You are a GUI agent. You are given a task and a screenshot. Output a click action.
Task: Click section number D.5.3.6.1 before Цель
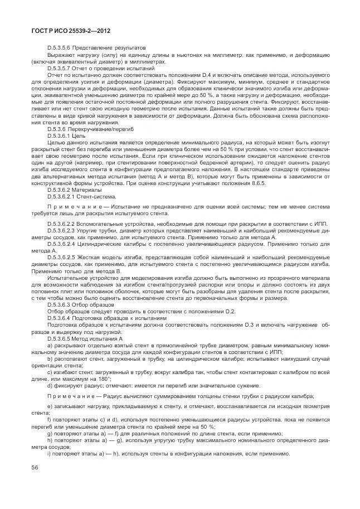click(61, 135)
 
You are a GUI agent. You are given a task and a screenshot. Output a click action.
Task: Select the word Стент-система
click(98, 196)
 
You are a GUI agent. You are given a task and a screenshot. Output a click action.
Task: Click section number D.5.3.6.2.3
click(64, 230)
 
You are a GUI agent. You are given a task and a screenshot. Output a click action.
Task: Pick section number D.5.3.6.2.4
click(64, 244)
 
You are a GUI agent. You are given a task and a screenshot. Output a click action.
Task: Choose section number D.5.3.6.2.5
click(64, 257)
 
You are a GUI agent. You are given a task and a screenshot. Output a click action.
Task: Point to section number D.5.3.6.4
click(61, 318)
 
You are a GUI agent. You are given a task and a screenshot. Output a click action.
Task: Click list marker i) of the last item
click(49, 453)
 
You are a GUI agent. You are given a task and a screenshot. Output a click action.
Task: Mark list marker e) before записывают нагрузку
click(50, 405)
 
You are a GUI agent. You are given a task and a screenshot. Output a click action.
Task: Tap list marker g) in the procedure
click(50, 433)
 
